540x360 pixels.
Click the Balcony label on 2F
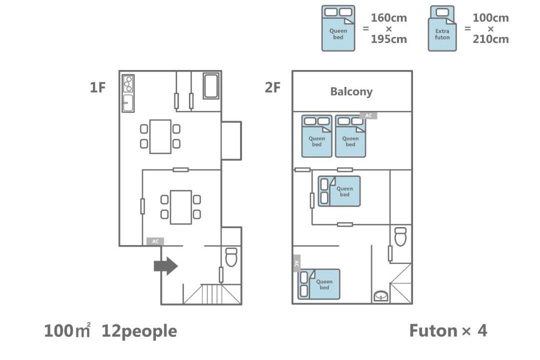(351, 91)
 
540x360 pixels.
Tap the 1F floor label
(98, 87)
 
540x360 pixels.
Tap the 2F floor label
(272, 87)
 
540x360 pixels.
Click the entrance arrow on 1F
(165, 266)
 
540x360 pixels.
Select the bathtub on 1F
(211, 86)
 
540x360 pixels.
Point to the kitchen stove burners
(128, 84)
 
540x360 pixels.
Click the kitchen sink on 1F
(128, 102)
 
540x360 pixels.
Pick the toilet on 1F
(231, 257)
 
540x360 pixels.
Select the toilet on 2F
(400, 236)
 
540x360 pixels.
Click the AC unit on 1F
(155, 241)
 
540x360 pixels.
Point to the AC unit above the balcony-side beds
(368, 116)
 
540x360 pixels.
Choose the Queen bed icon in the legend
(338, 28)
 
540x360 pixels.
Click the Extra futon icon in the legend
(442, 28)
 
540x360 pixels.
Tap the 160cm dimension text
(389, 18)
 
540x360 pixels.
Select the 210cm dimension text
(491, 39)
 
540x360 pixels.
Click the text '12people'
(139, 331)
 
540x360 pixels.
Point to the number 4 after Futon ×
(482, 330)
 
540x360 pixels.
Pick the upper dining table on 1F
(160, 136)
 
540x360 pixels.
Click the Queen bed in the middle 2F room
(339, 191)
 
